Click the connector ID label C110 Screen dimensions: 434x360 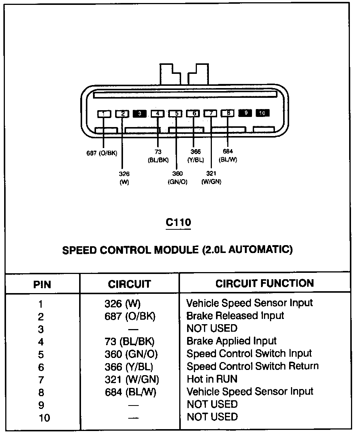click(178, 223)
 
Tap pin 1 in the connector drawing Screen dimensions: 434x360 click(104, 113)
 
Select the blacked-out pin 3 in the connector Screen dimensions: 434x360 click(139, 113)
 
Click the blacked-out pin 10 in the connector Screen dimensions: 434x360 click(262, 113)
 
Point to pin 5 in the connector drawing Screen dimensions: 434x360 click(175, 113)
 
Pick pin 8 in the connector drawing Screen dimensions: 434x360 click(228, 113)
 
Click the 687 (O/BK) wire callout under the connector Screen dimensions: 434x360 click(102, 153)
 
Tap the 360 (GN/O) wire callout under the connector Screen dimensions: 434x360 click(177, 178)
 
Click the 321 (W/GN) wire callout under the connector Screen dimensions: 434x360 click(211, 178)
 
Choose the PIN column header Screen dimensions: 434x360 click(42, 284)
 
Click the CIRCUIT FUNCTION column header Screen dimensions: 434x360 click(264, 283)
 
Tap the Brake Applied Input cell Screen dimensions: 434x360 click(231, 341)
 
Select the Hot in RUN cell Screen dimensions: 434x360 click(212, 379)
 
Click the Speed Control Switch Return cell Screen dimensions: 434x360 click(252, 366)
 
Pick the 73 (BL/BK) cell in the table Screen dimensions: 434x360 click(129, 341)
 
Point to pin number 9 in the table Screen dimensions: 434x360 click(41, 405)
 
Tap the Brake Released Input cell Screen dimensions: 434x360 click(235, 316)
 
